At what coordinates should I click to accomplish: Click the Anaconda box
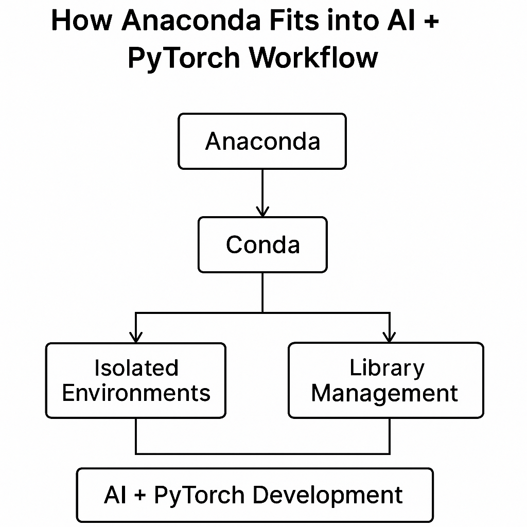262,141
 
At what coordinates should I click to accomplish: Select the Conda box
262,244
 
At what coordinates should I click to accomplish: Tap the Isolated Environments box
136,380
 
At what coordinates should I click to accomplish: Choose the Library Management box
385,380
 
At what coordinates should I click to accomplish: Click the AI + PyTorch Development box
254,495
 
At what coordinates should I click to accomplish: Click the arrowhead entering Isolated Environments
136,337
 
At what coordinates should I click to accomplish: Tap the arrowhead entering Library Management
390,337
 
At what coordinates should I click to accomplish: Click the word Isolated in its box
136,368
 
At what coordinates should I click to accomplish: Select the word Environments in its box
136,393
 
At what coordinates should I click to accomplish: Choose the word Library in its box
387,368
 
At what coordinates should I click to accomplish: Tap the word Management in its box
384,393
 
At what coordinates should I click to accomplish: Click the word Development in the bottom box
328,495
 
